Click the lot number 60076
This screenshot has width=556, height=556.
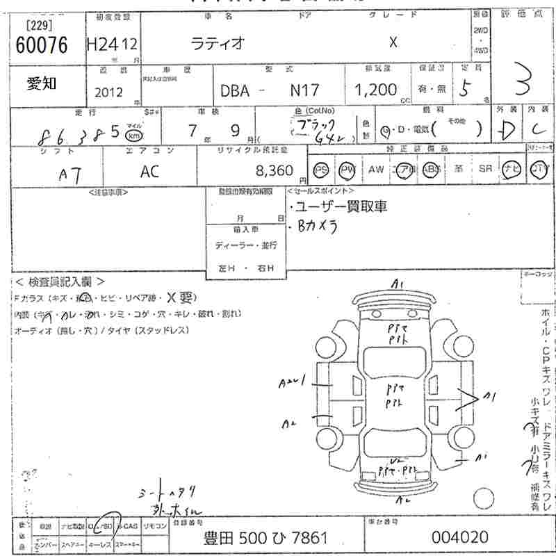[41, 45]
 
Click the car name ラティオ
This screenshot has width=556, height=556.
[218, 42]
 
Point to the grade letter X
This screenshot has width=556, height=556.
[393, 42]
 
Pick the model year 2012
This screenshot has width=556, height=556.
[110, 92]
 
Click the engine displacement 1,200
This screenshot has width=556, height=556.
[376, 90]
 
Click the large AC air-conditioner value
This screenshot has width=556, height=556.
[151, 172]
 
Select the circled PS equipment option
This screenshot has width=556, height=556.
[321, 169]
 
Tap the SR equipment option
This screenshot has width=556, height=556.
[485, 169]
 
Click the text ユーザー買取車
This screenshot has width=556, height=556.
[341, 206]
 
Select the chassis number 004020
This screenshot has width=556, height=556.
[459, 537]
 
